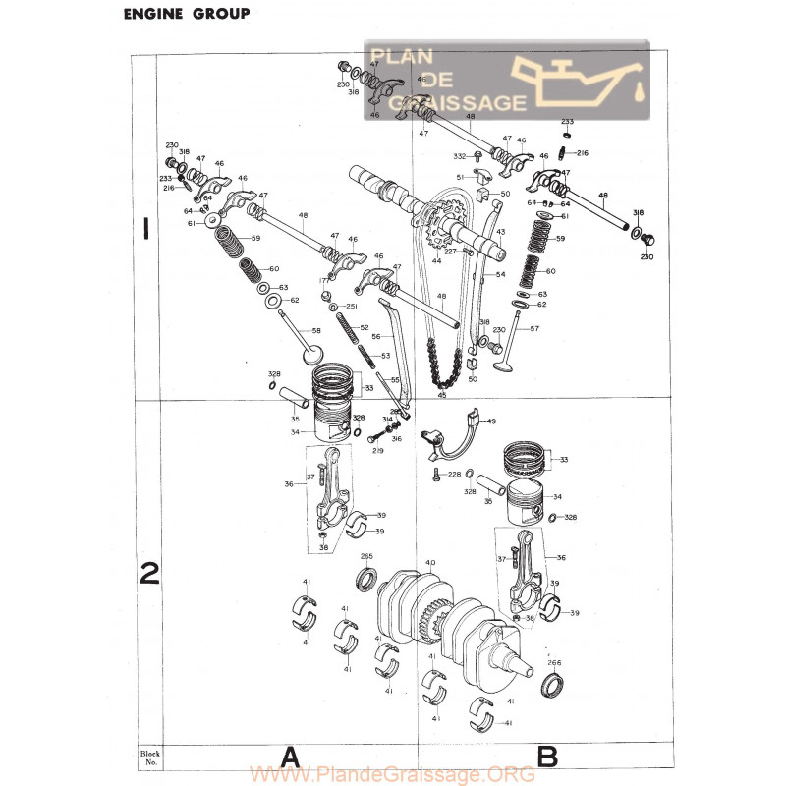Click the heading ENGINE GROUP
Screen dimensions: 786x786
[185, 14]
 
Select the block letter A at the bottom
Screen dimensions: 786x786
[289, 757]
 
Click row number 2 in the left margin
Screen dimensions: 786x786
[148, 572]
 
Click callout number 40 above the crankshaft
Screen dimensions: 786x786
[429, 563]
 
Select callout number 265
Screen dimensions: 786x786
[366, 557]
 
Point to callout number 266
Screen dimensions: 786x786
[554, 662]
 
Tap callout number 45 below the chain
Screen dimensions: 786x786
[441, 396]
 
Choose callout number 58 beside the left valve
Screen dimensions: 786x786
[316, 331]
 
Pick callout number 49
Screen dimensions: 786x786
[491, 421]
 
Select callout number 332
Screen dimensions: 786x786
[460, 156]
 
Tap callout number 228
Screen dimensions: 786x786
[454, 475]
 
